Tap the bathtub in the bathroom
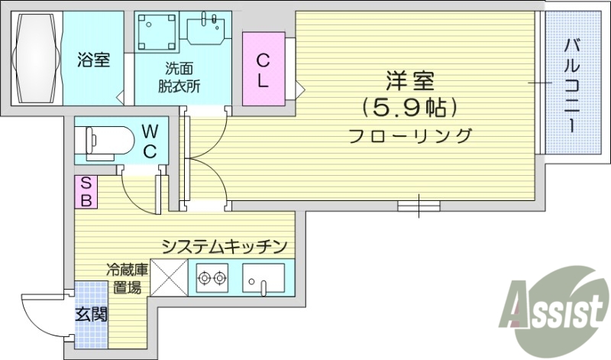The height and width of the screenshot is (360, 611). click(37, 59)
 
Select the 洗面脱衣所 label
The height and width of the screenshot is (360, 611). click(182, 76)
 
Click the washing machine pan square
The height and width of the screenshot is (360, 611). click(156, 33)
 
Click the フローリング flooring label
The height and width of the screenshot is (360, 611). click(410, 136)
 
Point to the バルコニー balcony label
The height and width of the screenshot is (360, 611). click(571, 85)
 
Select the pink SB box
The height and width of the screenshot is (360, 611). click(86, 192)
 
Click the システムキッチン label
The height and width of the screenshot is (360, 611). click(223, 246)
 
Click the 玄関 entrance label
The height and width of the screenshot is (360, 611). click(91, 313)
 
